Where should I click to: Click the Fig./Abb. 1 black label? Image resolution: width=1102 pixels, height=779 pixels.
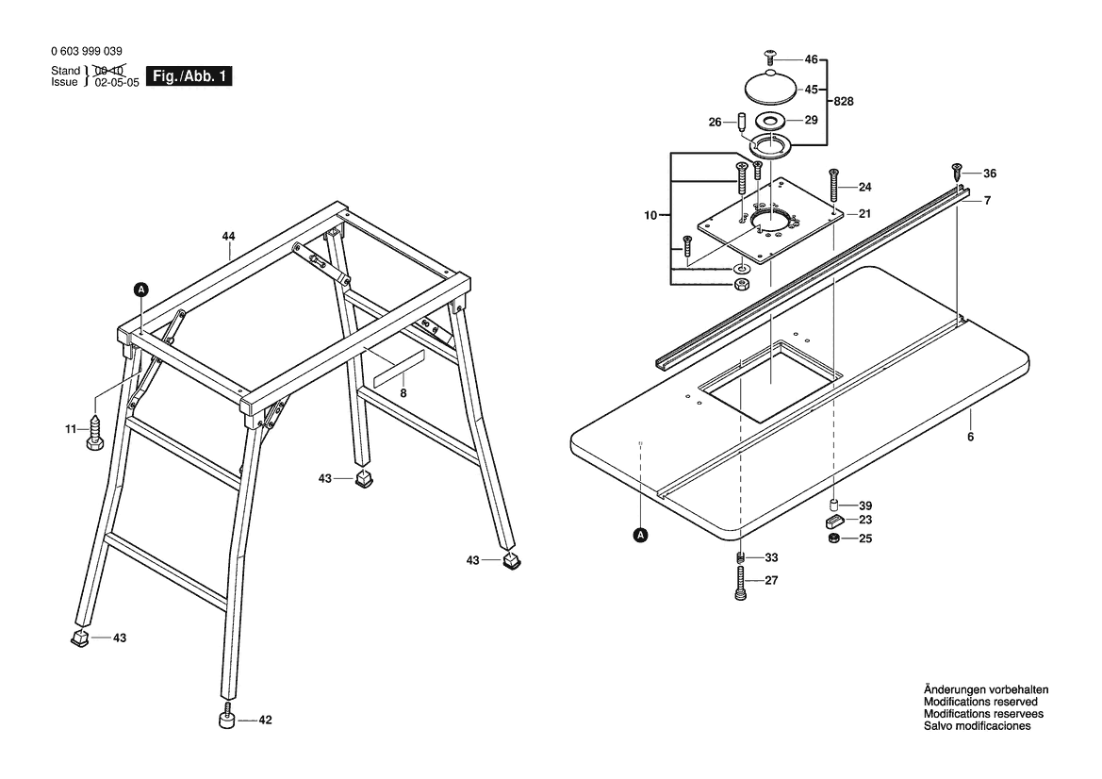(x=189, y=76)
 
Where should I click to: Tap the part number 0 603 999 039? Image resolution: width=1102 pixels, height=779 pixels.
(x=87, y=51)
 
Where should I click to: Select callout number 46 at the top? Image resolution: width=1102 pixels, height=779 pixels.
(x=811, y=59)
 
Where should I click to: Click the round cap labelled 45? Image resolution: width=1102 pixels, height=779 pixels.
(x=769, y=87)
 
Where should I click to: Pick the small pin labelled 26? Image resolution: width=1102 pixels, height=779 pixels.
(x=741, y=121)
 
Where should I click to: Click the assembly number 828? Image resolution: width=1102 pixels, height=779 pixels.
(x=844, y=101)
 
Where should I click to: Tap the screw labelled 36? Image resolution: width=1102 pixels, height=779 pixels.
(x=956, y=171)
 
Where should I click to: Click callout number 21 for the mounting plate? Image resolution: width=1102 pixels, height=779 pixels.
(x=864, y=214)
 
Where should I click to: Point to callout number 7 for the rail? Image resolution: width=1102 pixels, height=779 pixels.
(x=987, y=201)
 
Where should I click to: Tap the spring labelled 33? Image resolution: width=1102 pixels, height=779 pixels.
(x=740, y=557)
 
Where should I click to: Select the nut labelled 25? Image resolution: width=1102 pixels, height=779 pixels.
(x=833, y=539)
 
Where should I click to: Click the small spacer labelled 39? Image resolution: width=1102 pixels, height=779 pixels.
(x=833, y=506)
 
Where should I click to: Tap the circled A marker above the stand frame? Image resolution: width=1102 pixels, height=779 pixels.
(x=141, y=289)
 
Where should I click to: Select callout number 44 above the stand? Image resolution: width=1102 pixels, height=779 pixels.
(x=228, y=237)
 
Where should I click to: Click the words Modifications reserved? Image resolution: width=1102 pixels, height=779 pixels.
(x=980, y=702)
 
